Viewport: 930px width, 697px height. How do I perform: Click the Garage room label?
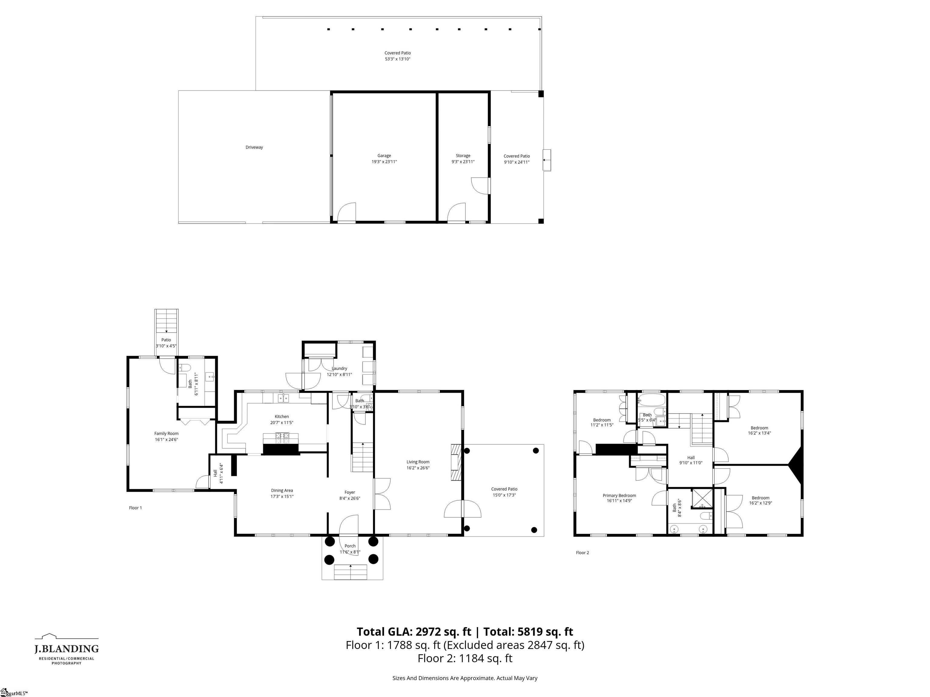[x=384, y=159]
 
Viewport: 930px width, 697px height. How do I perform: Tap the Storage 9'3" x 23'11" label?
[x=463, y=159]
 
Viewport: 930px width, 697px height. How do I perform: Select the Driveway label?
[x=254, y=147]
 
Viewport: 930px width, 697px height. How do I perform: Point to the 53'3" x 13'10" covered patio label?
[x=397, y=56]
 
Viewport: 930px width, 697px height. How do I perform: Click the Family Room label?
[x=166, y=436]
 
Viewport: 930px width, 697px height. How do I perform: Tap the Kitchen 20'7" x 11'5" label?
[x=282, y=419]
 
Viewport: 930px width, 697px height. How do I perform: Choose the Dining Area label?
[x=282, y=493]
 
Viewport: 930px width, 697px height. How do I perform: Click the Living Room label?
[x=417, y=465]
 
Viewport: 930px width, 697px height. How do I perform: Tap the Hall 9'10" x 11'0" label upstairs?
[x=691, y=460]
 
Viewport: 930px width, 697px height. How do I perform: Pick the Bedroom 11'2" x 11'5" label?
[x=602, y=422]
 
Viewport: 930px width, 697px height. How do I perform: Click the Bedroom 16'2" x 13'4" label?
[x=759, y=430]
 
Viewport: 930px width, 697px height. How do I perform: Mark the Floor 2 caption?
[x=582, y=552]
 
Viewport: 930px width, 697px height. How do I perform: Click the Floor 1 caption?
[x=135, y=508]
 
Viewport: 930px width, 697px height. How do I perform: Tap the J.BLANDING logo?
[x=66, y=649]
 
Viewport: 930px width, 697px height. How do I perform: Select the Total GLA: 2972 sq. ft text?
[x=414, y=631]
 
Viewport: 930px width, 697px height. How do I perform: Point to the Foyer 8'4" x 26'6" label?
[x=350, y=495]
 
